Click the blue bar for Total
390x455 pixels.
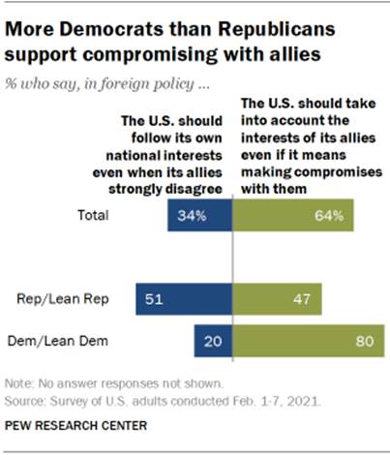[x=200, y=216]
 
